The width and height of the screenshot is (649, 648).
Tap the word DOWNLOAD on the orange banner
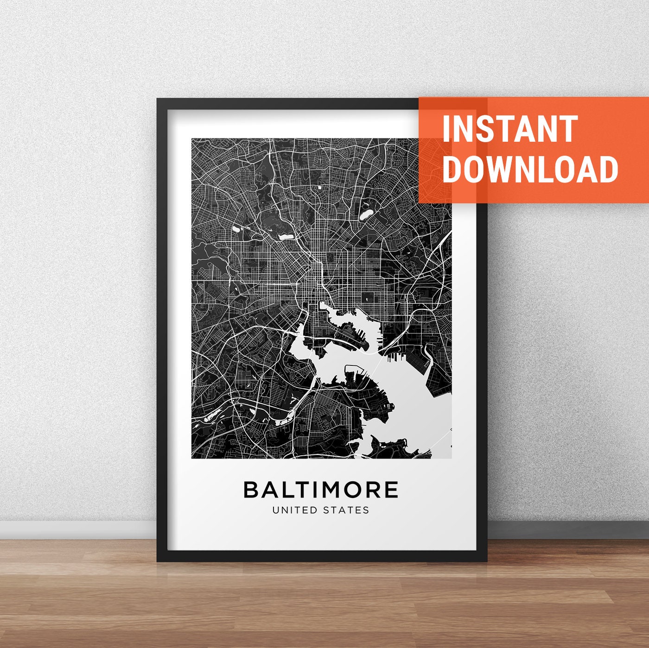[x=530, y=169]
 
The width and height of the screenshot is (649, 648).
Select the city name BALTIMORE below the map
[x=321, y=490]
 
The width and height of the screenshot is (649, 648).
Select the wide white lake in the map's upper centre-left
[x=286, y=237]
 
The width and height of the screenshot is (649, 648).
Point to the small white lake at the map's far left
[x=236, y=228]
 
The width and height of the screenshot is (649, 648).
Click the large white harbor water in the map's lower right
[x=417, y=408]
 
